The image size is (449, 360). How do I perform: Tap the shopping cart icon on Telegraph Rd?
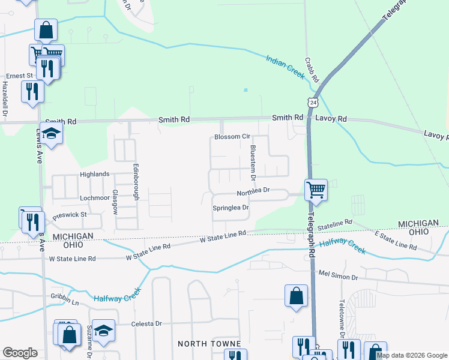click(316, 190)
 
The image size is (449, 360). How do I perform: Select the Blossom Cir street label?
click(232, 137)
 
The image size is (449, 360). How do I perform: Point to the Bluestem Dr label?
click(253, 163)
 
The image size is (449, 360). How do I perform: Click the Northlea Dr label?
click(254, 193)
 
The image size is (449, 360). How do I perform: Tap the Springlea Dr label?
click(231, 208)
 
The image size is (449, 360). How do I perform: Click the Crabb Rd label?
click(312, 71)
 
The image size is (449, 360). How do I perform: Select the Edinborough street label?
click(136, 177)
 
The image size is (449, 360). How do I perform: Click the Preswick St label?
click(70, 214)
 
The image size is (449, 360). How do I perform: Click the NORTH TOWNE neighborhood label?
click(209, 344)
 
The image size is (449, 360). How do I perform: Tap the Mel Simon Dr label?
click(338, 277)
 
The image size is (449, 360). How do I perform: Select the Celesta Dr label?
click(146, 323)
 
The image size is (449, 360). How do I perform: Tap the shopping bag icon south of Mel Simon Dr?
click(296, 296)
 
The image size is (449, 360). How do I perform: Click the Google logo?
click(20, 353)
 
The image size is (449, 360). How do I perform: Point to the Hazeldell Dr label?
click(5, 99)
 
